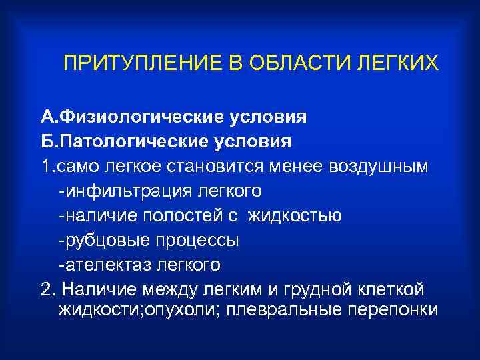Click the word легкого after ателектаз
click(188, 265)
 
